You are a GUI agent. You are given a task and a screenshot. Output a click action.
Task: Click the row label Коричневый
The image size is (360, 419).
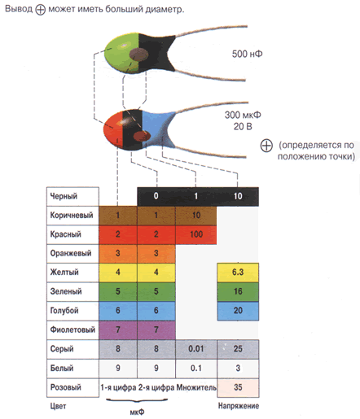point(72,216)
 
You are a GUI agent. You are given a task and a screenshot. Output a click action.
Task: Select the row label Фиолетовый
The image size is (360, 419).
point(72,330)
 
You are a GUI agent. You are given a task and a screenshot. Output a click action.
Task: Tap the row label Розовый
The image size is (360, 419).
point(66,387)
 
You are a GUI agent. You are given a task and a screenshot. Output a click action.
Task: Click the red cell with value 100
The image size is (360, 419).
point(196,234)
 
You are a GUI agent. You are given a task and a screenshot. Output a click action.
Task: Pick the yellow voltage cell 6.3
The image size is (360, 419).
point(238,273)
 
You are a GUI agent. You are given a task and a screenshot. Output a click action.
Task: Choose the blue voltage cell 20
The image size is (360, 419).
point(238,311)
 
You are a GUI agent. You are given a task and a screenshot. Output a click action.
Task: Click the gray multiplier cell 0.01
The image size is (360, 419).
point(196,349)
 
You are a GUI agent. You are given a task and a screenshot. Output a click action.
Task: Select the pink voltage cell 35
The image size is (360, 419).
point(238,387)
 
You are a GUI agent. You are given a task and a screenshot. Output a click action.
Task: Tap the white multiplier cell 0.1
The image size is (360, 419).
point(196,369)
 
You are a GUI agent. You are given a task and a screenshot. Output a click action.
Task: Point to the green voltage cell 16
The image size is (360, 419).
point(238,291)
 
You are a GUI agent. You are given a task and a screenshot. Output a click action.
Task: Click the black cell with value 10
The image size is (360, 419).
point(238,196)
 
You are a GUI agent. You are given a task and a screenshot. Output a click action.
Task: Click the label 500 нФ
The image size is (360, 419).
point(247,54)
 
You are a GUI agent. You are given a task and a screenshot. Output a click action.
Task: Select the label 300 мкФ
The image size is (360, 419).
point(243,115)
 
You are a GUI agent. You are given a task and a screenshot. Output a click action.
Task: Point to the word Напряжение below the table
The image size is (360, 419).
point(239,406)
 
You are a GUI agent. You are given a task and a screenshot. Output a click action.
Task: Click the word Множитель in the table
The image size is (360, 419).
point(196,387)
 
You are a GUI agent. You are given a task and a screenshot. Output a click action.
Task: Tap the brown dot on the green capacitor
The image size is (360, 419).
point(138,55)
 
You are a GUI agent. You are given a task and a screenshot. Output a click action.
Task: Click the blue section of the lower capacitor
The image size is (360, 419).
point(156,128)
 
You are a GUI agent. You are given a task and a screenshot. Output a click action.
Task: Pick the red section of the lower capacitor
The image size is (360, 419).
point(113,129)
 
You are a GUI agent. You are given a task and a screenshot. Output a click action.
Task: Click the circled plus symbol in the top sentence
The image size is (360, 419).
point(41,10)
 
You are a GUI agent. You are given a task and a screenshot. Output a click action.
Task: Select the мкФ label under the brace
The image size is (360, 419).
point(137,412)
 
